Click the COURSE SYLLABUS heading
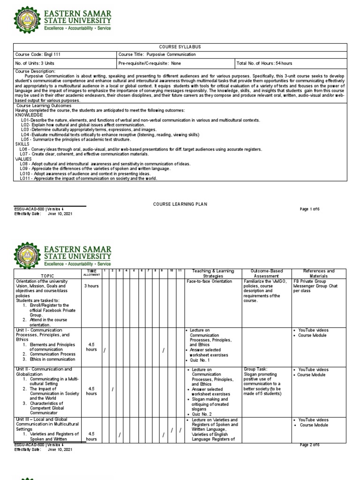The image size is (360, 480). [x=180, y=47]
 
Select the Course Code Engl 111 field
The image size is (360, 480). [x=36, y=54]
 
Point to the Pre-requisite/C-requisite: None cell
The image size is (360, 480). [x=150, y=63]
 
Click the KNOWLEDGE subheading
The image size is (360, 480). [x=29, y=115]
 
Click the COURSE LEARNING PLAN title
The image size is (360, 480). [x=180, y=204]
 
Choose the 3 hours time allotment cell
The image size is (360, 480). [x=91, y=286]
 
